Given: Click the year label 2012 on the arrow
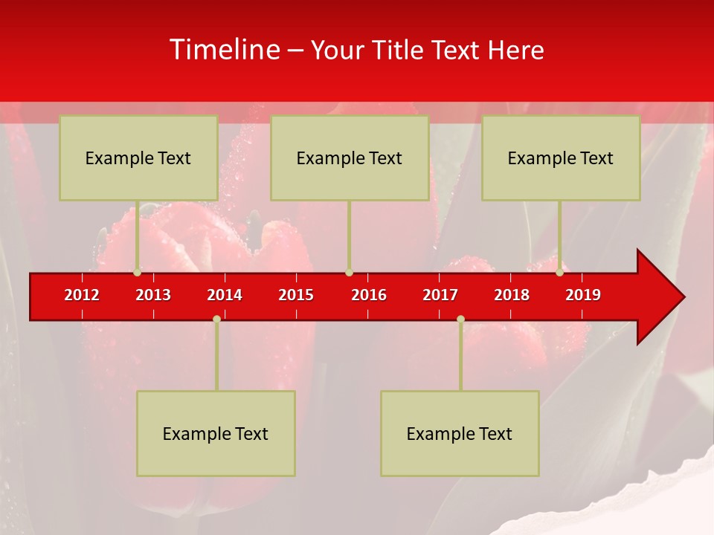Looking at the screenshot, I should (82, 295).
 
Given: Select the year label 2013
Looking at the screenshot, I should (153, 295).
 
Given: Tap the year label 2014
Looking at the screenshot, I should (225, 295).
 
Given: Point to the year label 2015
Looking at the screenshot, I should (296, 295).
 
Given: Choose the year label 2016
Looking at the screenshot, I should (369, 295).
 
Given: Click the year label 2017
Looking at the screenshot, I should (440, 295).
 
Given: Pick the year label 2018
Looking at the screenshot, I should (512, 295).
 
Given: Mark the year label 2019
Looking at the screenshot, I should (583, 295).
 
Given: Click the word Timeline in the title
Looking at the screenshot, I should (225, 50).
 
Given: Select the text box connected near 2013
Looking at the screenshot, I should (138, 158).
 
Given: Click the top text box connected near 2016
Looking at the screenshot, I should (350, 158).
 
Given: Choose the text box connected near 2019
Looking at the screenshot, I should (561, 158).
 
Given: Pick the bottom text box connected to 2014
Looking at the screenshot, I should (216, 433).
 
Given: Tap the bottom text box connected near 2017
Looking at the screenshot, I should (460, 433).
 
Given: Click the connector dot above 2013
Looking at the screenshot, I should (138, 273).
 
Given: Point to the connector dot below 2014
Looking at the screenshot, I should (216, 319).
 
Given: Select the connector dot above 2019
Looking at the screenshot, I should (560, 273).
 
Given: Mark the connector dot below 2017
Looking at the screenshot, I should (460, 319).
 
